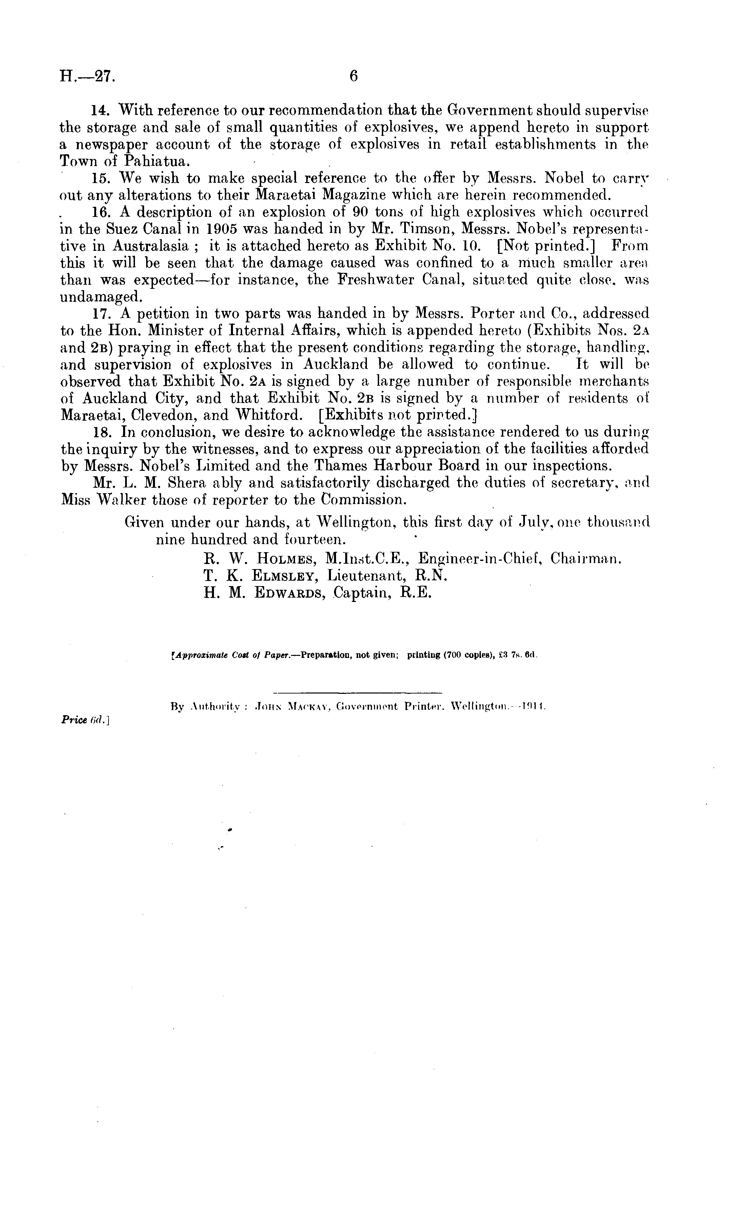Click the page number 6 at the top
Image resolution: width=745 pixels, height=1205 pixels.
pos(353,76)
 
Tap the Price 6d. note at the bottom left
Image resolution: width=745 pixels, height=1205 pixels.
pos(85,720)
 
